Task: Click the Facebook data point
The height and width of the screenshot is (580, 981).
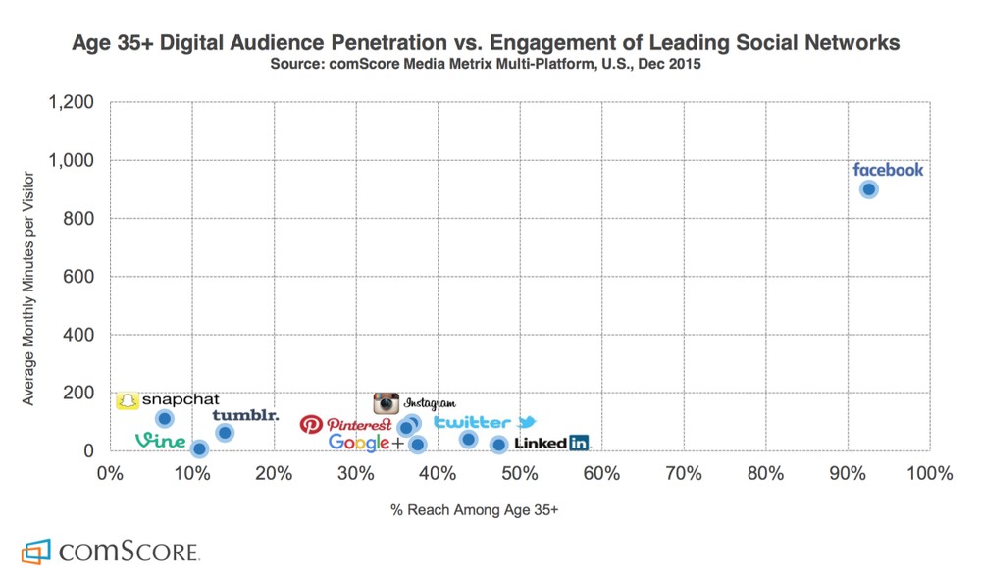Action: [868, 189]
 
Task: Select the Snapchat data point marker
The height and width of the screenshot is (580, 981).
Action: [165, 419]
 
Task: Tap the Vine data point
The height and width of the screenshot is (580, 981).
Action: [199, 448]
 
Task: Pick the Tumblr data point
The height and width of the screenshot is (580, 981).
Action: [225, 433]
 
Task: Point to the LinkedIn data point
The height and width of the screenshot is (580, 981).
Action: [498, 445]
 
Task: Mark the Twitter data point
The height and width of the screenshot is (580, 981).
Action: [468, 440]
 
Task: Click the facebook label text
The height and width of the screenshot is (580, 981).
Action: [888, 170]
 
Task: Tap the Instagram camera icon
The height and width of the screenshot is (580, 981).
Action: [387, 402]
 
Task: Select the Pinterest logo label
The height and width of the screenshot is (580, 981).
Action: [345, 424]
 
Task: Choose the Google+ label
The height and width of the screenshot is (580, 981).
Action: [366, 443]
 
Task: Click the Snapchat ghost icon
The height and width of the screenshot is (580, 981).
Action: [127, 400]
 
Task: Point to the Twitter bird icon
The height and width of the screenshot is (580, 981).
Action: [527, 422]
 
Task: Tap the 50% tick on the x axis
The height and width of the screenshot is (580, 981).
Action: [519, 476]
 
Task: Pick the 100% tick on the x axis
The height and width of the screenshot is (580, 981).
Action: [929, 476]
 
